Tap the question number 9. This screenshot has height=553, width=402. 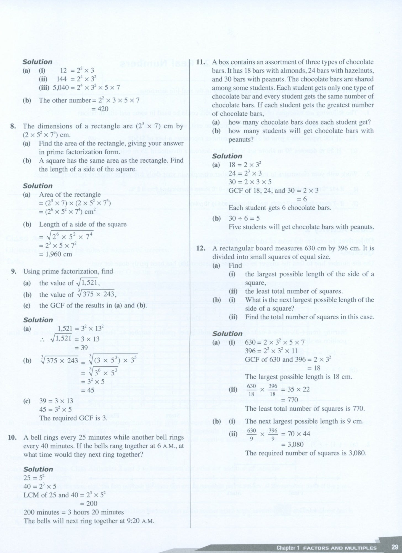[14, 271]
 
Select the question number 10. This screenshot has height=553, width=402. [14, 437]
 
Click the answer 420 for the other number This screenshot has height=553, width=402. [103, 109]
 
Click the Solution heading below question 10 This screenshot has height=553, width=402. [38, 469]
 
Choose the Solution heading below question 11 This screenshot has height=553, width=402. [227, 156]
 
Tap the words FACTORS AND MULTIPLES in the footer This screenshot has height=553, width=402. [340, 548]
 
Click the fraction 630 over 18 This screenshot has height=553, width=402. [251, 390]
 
